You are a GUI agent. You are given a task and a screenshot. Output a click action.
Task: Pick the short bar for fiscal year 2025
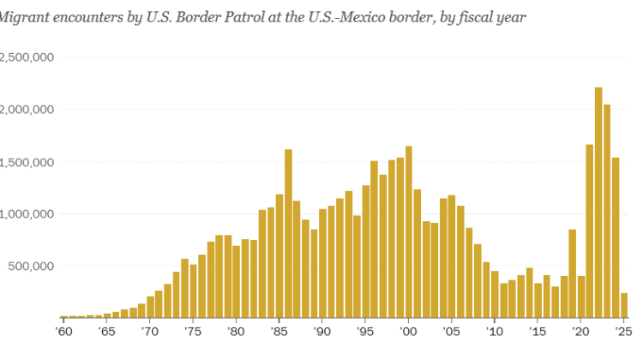coord(624,305)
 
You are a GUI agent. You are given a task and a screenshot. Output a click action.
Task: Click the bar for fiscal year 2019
coord(573,273)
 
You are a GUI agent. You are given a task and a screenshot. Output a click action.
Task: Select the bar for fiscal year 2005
coord(452,256)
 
